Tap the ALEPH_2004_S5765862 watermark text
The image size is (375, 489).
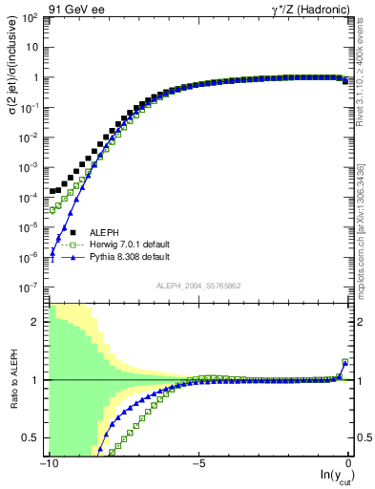click(199, 287)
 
